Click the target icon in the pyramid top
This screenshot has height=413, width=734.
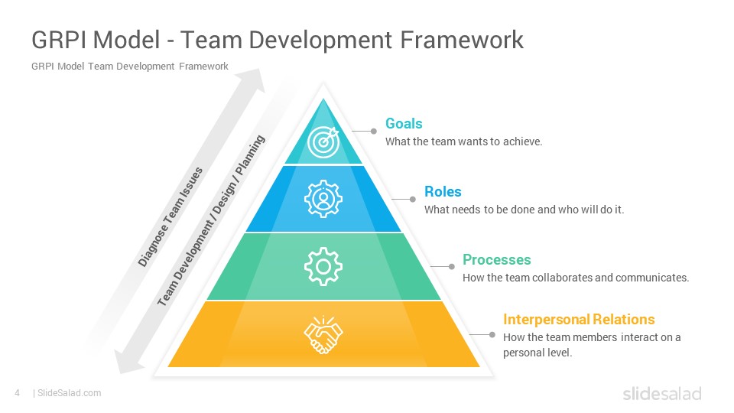click(323, 141)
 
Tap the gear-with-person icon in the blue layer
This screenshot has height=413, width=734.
click(323, 199)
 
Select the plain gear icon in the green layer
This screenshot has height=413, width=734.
click(323, 266)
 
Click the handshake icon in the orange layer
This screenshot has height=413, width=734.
click(323, 334)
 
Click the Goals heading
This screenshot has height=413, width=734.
click(404, 124)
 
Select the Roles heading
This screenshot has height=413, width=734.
click(443, 191)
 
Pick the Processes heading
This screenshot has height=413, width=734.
click(497, 259)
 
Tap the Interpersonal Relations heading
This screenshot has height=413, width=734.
click(579, 320)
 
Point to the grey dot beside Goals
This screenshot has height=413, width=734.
click(374, 132)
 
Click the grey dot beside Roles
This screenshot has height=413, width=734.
click(412, 199)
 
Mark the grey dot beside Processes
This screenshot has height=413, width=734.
click(451, 266)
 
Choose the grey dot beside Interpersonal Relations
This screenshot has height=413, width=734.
click(492, 334)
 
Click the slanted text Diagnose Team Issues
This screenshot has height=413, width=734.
click(171, 216)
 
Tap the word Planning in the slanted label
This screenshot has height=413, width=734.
click(250, 155)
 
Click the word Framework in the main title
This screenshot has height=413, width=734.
click(462, 39)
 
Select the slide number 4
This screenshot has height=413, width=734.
click(18, 393)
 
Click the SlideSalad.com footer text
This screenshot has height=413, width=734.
click(70, 393)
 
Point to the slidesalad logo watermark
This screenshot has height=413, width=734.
click(662, 393)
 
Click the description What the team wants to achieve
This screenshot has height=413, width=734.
click(463, 141)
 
